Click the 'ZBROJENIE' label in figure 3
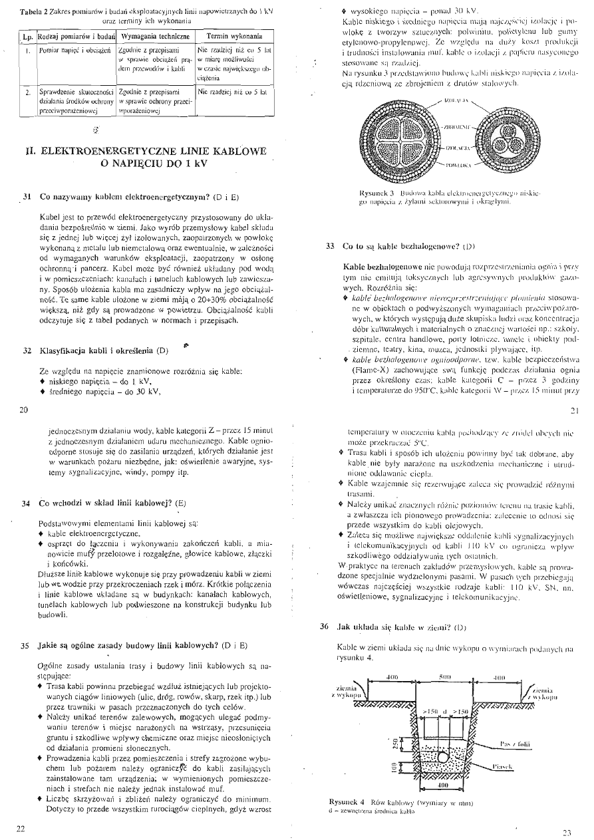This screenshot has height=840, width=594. point(458,124)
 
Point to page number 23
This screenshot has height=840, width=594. point(567,831)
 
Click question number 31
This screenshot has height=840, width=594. point(27,198)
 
